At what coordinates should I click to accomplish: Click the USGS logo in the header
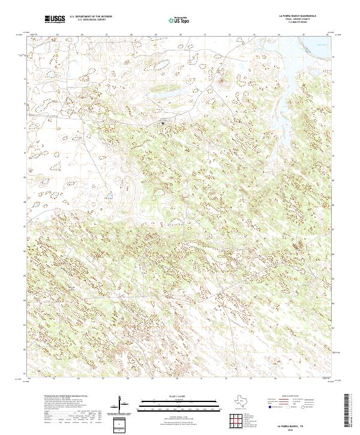point(55,20)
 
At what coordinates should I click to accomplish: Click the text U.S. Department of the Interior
point(91,17)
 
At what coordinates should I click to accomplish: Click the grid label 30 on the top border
point(180,35)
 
